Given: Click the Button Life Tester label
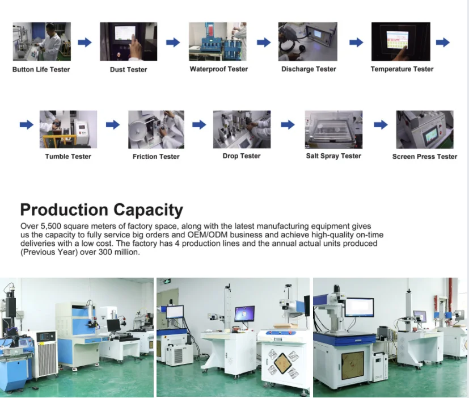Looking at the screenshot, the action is [41, 69].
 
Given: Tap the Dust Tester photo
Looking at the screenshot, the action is [128, 41].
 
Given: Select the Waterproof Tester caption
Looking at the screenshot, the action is [218, 69].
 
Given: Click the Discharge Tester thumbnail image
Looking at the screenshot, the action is [307, 41].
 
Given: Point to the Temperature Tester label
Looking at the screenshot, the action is [402, 69].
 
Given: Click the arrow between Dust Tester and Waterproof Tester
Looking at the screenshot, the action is [173, 42].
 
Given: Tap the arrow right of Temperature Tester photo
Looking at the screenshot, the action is [443, 42].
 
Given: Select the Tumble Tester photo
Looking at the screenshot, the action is [68, 129].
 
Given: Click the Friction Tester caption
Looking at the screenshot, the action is [156, 156].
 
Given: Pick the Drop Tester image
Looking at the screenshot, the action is [242, 129].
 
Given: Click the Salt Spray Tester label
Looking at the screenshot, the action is [333, 156].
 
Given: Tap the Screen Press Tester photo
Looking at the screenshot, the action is [424, 129].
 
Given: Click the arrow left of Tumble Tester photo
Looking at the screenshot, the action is [26, 125].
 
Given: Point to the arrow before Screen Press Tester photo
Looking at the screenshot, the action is [381, 125].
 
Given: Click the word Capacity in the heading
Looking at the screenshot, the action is [148, 210].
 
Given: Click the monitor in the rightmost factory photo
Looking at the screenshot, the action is [359, 307].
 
